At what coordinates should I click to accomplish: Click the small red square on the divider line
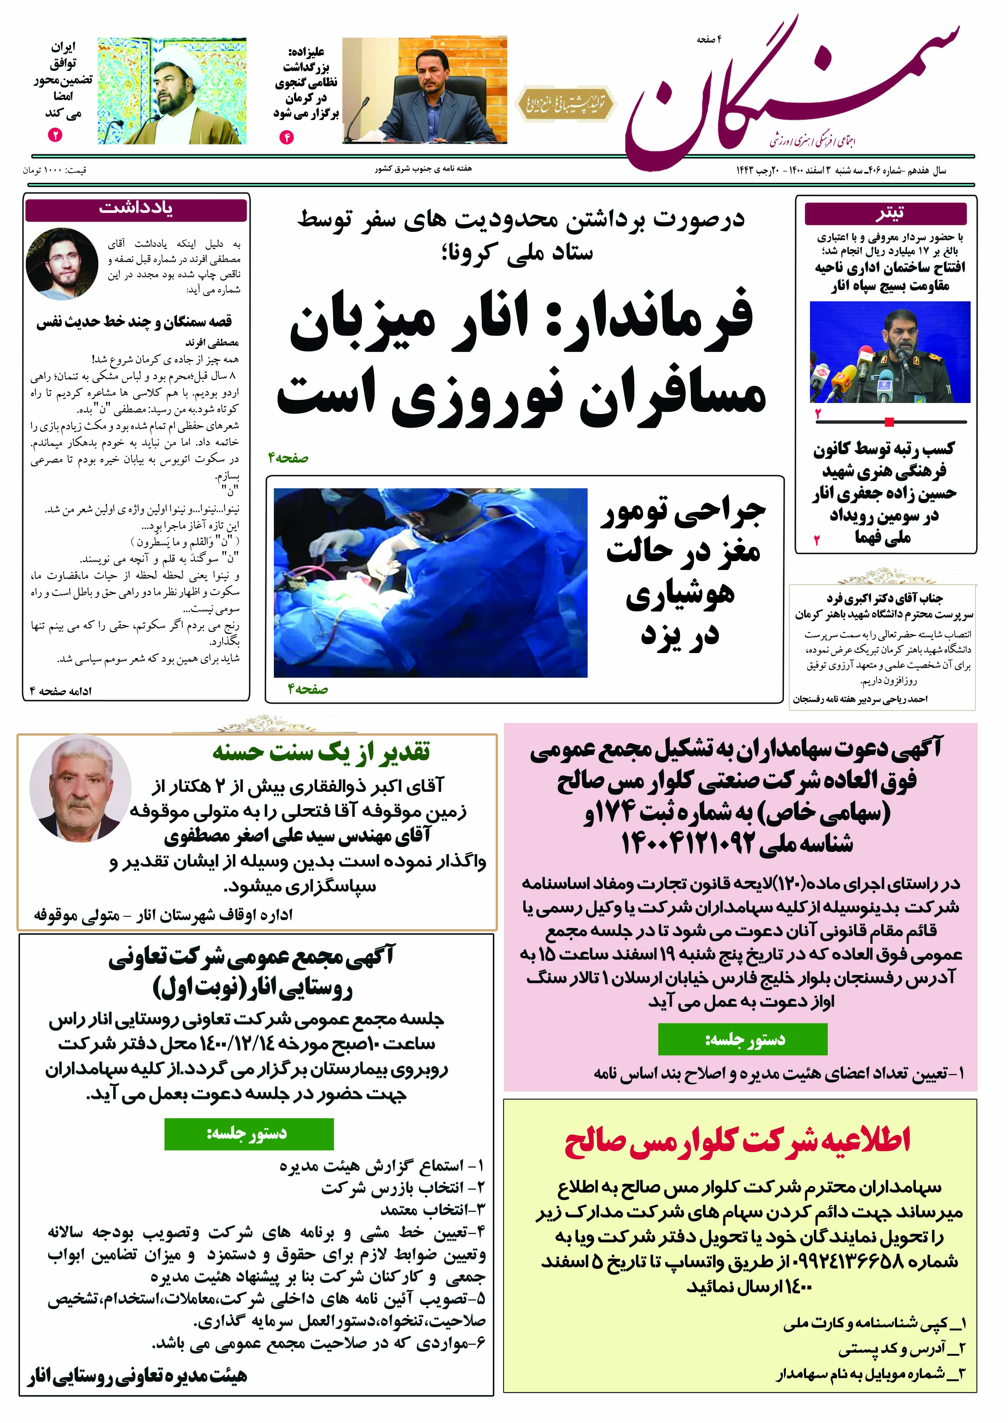[889, 422]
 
